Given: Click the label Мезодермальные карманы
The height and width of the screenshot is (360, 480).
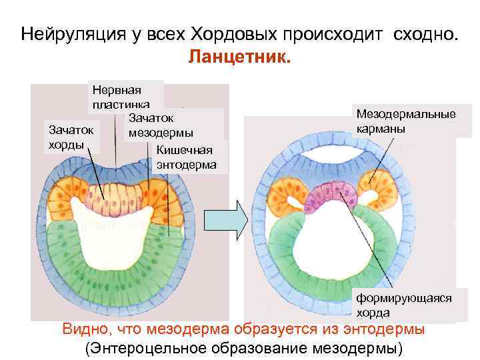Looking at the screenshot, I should click(x=406, y=121).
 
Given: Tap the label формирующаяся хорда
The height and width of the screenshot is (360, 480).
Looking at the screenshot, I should click(x=403, y=305).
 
